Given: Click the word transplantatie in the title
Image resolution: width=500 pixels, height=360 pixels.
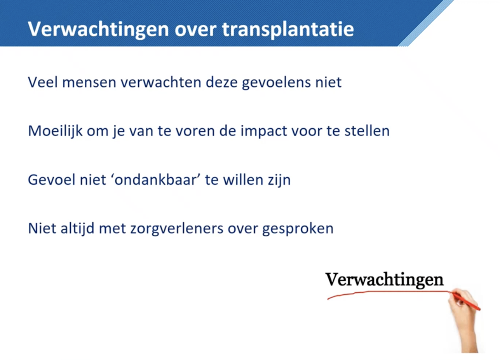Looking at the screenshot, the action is (x=288, y=30).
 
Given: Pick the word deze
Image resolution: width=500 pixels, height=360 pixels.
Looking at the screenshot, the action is (x=222, y=82).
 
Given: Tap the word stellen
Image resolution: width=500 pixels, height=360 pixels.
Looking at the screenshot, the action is (x=367, y=131).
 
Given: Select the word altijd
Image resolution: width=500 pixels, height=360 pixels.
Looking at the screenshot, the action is (x=77, y=229).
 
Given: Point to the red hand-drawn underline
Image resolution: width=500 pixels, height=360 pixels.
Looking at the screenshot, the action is (x=389, y=292).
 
